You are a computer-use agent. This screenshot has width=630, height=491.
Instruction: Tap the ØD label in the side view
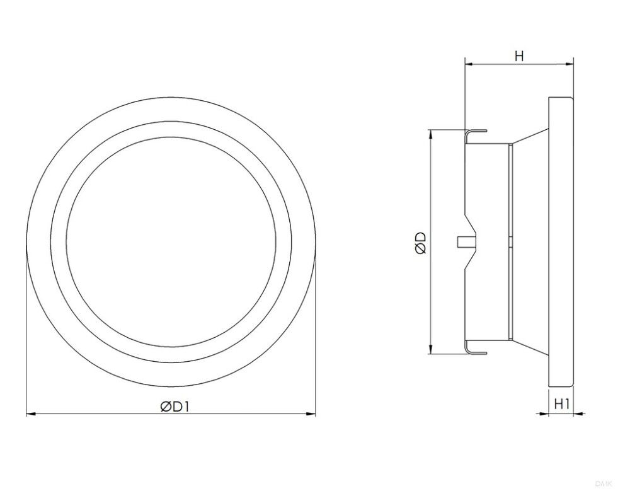(x=421, y=242)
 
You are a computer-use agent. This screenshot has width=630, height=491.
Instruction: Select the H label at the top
(x=518, y=56)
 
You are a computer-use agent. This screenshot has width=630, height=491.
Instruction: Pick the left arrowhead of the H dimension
(x=468, y=63)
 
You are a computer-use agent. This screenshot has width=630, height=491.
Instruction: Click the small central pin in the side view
(x=459, y=241)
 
